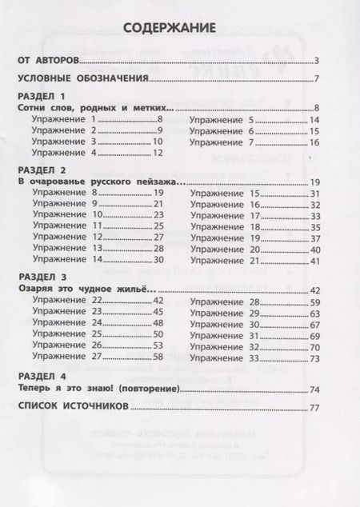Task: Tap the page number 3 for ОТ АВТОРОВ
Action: [318, 61]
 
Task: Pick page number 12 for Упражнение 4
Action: [158, 152]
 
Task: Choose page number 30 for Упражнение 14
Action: [158, 260]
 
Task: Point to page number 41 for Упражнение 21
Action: [314, 260]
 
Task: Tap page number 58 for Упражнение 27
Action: [158, 356]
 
